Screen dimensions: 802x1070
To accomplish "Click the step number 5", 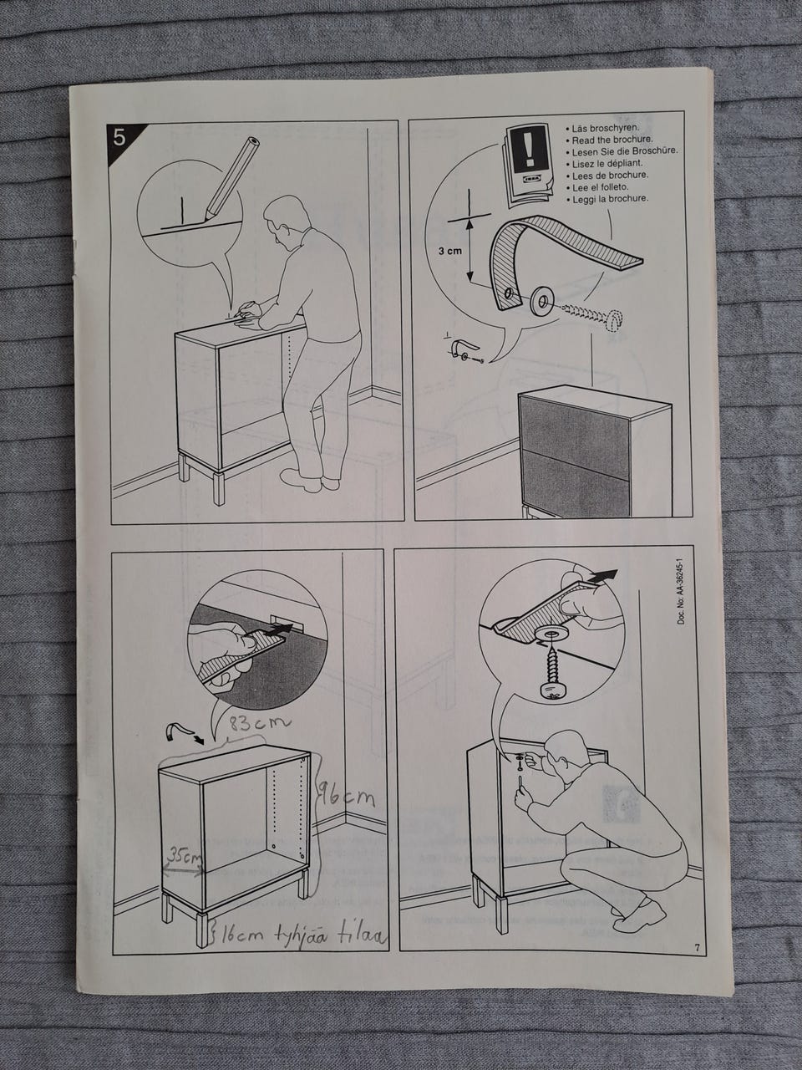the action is click(119, 139).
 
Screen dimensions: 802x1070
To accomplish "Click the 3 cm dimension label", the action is click(450, 252).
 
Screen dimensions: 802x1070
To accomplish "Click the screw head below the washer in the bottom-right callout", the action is click(553, 695).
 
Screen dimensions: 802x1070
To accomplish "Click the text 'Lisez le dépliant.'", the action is click(604, 163).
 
